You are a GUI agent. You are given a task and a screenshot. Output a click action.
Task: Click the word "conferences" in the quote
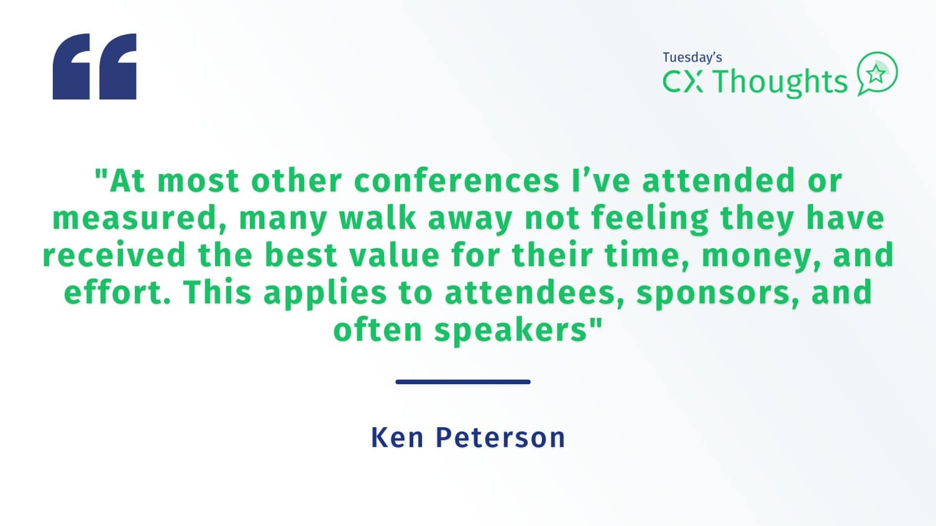(456, 181)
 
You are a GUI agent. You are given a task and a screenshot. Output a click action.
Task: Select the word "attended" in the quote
(718, 180)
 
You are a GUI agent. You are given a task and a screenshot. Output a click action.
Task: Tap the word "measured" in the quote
(139, 219)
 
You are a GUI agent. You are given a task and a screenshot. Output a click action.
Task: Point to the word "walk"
(378, 218)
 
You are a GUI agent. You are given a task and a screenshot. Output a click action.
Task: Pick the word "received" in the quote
(114, 255)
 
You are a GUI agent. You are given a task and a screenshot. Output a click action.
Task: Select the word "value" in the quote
(395, 255)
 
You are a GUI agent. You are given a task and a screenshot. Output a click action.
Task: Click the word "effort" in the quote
(117, 292)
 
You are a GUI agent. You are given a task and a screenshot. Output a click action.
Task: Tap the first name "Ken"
(397, 438)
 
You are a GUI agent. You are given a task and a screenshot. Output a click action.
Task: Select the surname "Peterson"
(500, 438)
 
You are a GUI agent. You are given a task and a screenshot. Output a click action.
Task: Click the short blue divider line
(463, 382)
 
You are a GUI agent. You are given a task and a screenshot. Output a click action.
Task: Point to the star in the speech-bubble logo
(876, 75)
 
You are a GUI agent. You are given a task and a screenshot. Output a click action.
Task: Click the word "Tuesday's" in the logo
(692, 58)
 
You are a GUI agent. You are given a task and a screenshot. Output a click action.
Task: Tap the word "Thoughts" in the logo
(780, 82)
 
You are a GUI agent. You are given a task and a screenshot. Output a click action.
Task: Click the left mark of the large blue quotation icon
(71, 67)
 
